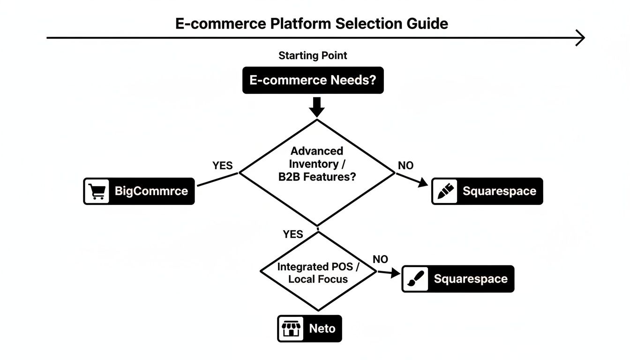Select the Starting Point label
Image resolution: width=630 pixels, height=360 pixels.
point(313,55)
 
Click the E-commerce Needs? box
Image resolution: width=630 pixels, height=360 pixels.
point(313,80)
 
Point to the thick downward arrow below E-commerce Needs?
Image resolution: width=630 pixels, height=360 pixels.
point(317,106)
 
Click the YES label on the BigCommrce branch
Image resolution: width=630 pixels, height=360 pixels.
point(222,165)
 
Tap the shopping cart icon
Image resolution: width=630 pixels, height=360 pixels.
point(97,191)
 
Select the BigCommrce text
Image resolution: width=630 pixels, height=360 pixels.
point(151,191)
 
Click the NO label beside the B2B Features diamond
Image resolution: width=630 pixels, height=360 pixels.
point(405,165)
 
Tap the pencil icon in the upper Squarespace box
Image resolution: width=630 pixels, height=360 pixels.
point(444,191)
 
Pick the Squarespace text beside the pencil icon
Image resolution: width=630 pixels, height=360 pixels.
point(499,191)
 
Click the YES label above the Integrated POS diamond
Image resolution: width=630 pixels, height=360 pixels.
point(293,234)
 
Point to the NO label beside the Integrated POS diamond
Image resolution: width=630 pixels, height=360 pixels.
point(380,259)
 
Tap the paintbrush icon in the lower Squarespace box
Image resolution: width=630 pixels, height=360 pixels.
point(415,279)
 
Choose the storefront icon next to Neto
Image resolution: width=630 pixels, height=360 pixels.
point(290,328)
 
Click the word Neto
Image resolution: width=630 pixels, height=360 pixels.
point(322,328)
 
